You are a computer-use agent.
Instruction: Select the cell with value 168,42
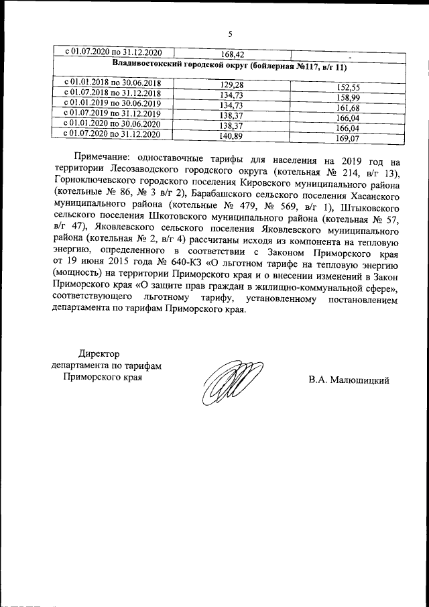pos(233,54)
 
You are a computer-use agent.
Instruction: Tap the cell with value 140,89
pos(233,136)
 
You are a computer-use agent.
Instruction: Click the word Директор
pos(98,354)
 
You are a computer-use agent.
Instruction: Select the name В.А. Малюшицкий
pos(349,380)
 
